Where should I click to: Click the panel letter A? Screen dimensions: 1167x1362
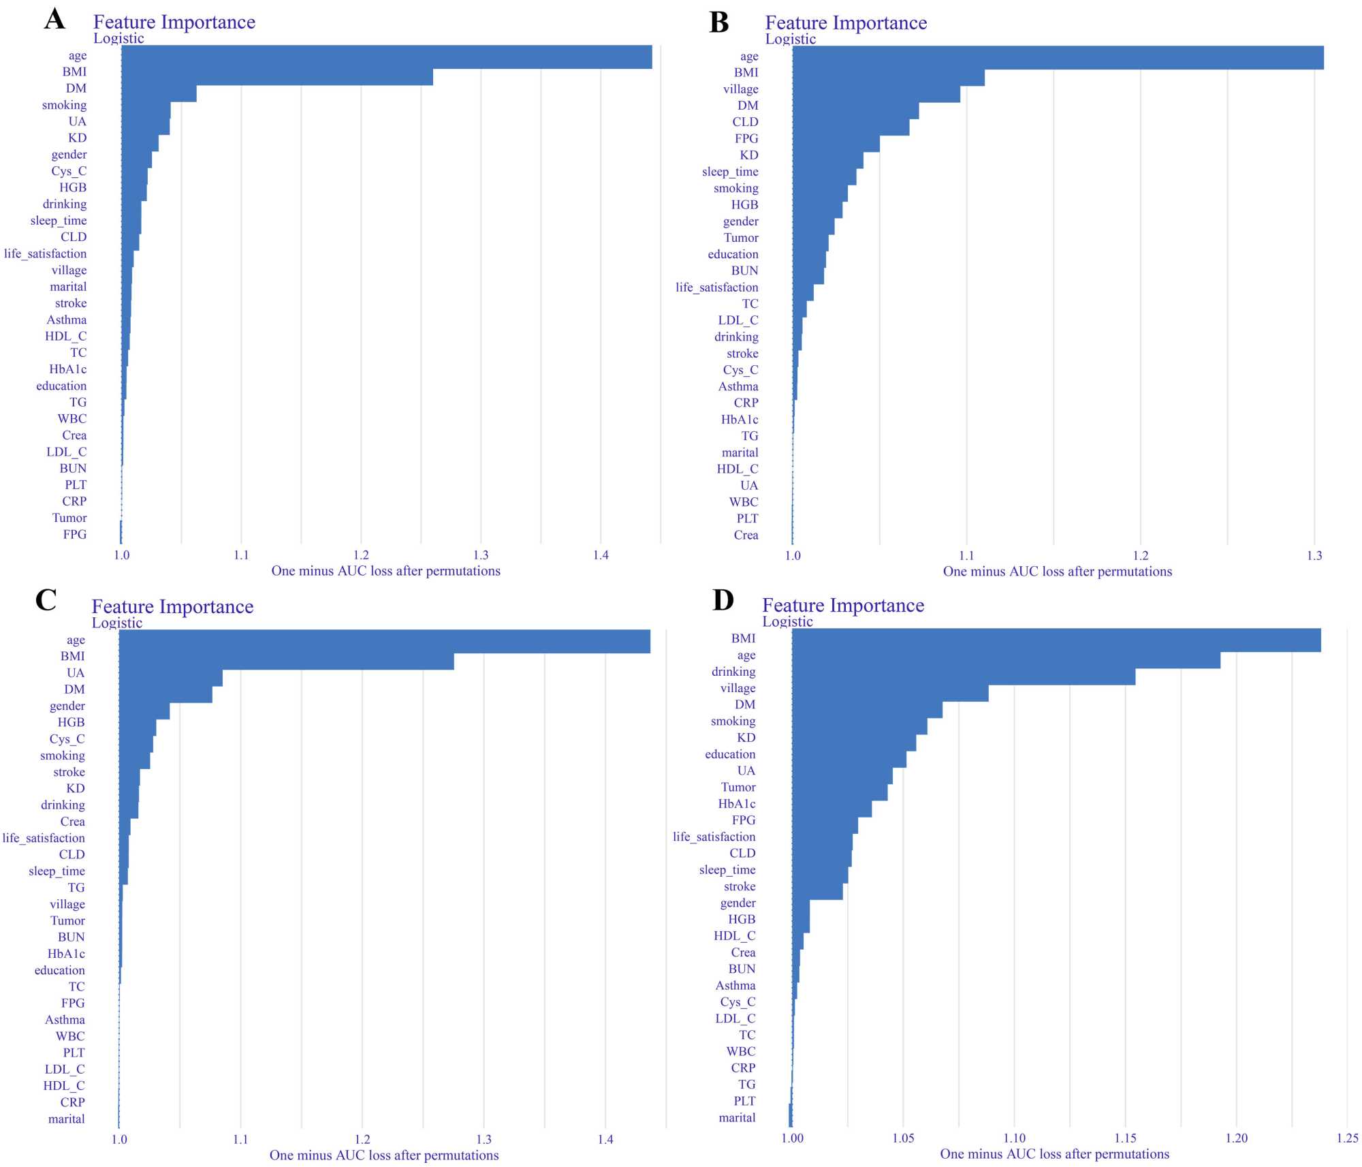pyautogui.click(x=55, y=19)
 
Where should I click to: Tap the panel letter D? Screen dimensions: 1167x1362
pyautogui.click(x=723, y=600)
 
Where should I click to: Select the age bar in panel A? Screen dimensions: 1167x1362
pyautogui.click(x=386, y=57)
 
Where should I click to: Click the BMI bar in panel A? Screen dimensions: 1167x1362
pyautogui.click(x=276, y=77)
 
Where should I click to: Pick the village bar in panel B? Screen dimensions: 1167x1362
pyautogui.click(x=876, y=94)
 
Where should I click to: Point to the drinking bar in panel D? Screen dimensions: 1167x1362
pyautogui.click(x=963, y=676)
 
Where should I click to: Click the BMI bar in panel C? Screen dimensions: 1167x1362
pyautogui.click(x=286, y=661)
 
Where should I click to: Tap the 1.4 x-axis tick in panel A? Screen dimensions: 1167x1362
pyautogui.click(x=601, y=555)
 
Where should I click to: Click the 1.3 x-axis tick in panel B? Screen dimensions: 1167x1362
pyautogui.click(x=1314, y=556)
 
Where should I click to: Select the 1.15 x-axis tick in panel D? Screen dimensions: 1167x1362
pyautogui.click(x=1125, y=1138)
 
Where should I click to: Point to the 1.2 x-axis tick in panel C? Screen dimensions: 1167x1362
pyautogui.click(x=362, y=1139)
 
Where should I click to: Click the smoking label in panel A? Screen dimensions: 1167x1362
pyautogui.click(x=64, y=105)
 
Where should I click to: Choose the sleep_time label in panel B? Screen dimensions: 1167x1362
pyautogui.click(x=730, y=172)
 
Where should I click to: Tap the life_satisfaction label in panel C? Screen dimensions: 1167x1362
pyautogui.click(x=44, y=838)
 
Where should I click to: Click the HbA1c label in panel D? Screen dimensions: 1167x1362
pyautogui.click(x=736, y=804)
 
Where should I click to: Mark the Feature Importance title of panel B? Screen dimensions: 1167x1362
pyautogui.click(x=846, y=23)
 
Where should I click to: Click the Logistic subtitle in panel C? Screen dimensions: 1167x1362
pyautogui.click(x=117, y=623)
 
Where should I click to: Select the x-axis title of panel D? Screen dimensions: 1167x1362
pyautogui.click(x=1054, y=1154)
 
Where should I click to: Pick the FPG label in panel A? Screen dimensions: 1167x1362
pyautogui.click(x=75, y=534)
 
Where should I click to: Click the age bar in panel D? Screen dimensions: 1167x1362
pyautogui.click(x=1005, y=660)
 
